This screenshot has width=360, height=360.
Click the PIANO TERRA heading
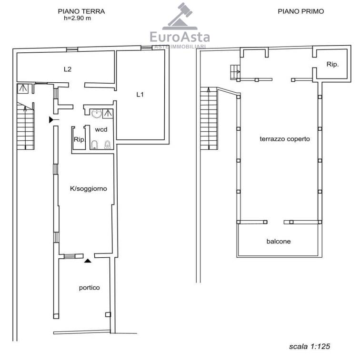81,11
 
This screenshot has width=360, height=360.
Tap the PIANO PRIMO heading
300,11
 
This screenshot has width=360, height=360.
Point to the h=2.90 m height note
78,18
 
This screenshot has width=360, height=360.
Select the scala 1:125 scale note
310,346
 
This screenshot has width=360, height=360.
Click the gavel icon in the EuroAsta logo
180,16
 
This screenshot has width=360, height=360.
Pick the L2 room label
68,69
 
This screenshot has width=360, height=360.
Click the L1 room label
140,94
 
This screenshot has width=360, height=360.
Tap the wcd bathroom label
101,129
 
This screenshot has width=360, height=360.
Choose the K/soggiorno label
89,189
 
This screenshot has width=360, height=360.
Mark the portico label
90,288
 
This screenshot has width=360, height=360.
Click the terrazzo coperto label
285,139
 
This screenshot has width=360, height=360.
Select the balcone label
279,241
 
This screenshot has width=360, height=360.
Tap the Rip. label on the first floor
333,64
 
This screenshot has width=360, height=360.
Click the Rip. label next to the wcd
80,139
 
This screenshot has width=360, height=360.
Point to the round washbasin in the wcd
97,114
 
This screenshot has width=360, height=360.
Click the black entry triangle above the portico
87,261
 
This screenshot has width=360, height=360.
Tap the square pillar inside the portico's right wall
108,314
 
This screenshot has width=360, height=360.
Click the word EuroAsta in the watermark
180,37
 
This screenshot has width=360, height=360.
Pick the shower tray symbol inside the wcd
108,114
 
